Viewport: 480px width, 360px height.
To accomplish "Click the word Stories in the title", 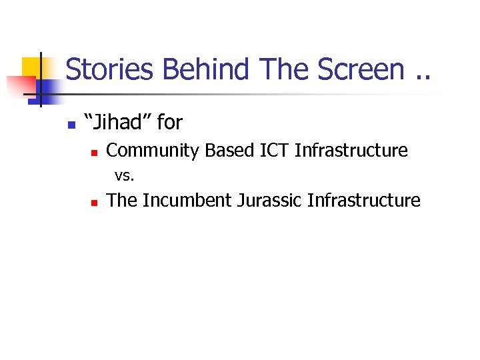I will [111, 69].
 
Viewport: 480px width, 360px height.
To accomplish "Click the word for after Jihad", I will [170, 123].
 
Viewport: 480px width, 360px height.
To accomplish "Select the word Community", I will [153, 151].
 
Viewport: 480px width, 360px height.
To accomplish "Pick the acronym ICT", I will [273, 151].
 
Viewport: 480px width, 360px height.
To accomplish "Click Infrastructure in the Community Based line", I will [351, 151].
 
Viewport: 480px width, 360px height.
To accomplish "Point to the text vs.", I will [125, 176].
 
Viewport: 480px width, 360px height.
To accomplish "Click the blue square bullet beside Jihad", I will [71, 124].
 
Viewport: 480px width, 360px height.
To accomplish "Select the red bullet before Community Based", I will [95, 153].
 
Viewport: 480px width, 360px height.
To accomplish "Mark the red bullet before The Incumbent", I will [95, 202].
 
